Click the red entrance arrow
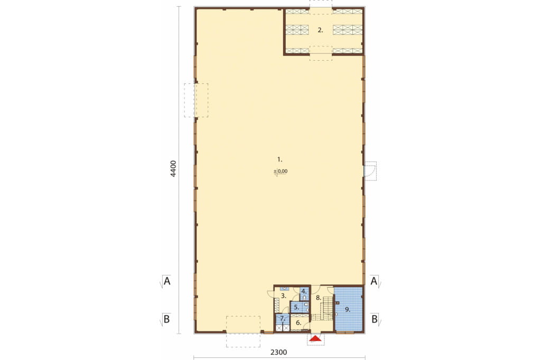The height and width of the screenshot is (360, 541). coord(316,339)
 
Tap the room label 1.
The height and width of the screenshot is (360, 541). coord(280,159)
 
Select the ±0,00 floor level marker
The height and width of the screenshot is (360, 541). coord(281,172)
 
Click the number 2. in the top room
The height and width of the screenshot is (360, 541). coord(320,30)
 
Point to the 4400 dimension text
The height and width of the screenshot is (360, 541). coord(173,168)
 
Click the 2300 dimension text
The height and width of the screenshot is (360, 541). coord(278,352)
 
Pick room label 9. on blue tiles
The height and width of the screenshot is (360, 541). coord(348,310)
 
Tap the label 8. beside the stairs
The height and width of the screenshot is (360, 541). coord(319,298)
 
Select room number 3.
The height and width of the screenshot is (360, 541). coord(284,296)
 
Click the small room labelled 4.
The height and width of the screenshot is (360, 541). coord(304,291)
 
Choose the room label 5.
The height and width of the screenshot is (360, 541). coord(296,307)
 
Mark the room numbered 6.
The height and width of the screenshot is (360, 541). coord(299,323)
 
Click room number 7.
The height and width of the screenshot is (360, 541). coord(283,318)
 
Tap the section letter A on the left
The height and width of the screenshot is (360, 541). coord(167,281)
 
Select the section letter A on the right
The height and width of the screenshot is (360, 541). coord(374,281)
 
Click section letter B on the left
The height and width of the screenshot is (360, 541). coord(166,319)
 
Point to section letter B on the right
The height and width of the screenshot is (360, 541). coord(375,319)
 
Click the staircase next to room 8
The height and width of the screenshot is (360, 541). coord(325,309)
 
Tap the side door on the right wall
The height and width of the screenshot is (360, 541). coord(370,171)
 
